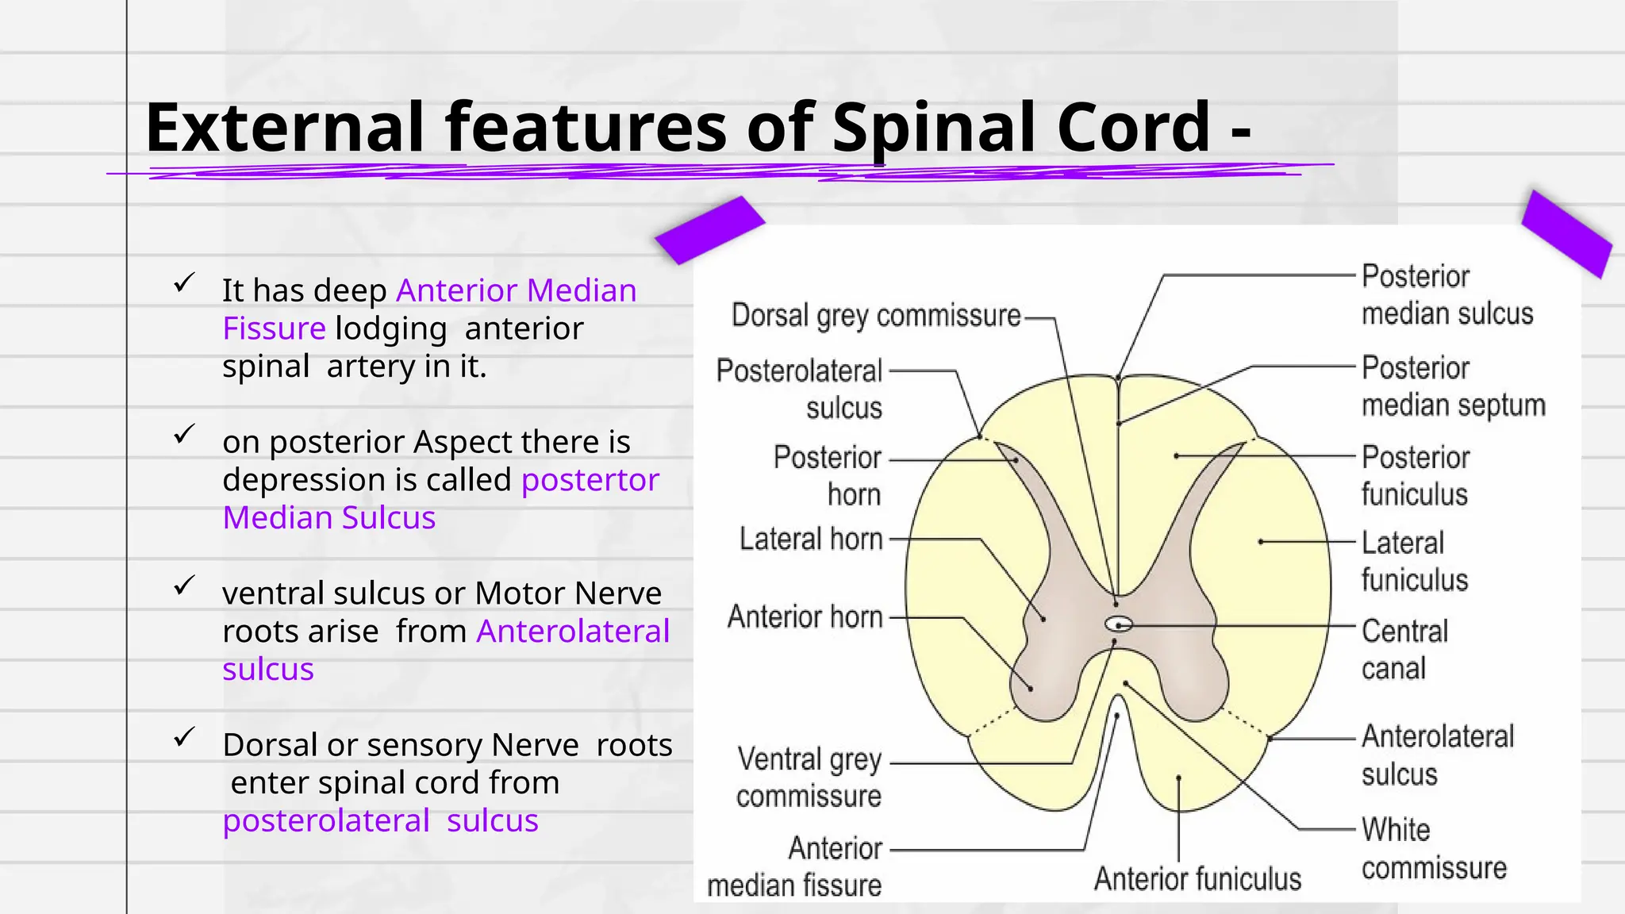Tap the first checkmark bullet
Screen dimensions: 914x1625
(184, 283)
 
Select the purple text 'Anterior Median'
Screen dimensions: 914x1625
(516, 290)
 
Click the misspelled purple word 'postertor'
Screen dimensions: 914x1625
(590, 480)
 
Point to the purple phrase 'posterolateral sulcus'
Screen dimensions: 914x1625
(380, 820)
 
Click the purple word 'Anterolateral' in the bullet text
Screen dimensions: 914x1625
(573, 632)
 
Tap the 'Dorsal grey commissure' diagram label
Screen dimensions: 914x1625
(876, 316)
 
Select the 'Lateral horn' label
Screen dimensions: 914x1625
(811, 540)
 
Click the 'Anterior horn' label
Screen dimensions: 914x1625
(805, 617)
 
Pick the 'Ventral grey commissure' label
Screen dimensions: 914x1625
(809, 778)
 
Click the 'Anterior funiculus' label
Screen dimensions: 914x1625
(1197, 879)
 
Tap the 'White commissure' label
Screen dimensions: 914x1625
(1433, 849)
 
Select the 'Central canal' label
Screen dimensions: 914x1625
(1404, 650)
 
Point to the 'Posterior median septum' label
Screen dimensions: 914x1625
(1453, 386)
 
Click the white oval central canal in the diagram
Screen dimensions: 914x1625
(1119, 624)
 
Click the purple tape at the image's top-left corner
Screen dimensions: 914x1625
(709, 230)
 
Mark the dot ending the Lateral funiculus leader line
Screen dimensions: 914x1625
(1260, 542)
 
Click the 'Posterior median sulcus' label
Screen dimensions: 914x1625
(1446, 295)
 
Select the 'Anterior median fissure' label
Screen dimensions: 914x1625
(795, 867)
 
